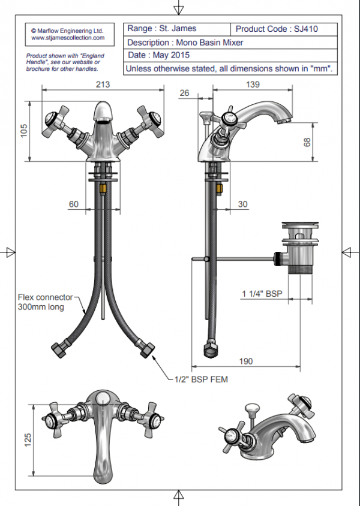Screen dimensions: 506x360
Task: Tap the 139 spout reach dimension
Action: pyautogui.click(x=253, y=85)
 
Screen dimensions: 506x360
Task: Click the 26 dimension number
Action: pyautogui.click(x=184, y=93)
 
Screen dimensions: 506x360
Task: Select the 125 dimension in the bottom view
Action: pyautogui.click(x=26, y=441)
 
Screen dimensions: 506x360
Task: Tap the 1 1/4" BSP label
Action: pyautogui.click(x=262, y=293)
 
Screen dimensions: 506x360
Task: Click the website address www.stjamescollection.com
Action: pyautogui.click(x=67, y=37)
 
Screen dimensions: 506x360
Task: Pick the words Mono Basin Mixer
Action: pyautogui.click(x=209, y=42)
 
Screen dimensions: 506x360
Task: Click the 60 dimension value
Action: pyautogui.click(x=73, y=204)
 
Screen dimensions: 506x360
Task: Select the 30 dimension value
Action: pyautogui.click(x=242, y=204)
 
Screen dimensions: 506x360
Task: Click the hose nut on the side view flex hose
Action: pyautogui.click(x=211, y=349)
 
